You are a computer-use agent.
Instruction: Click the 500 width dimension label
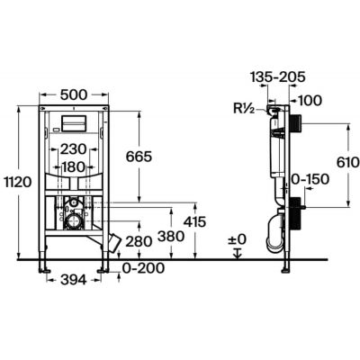click(74, 94)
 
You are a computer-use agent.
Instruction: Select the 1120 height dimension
click(18, 182)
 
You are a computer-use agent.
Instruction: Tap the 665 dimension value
click(139, 157)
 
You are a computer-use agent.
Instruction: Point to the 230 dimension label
click(74, 149)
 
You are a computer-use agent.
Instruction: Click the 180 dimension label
click(73, 167)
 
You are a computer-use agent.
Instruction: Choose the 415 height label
click(194, 222)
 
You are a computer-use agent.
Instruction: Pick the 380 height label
click(171, 237)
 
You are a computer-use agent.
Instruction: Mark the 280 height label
click(139, 241)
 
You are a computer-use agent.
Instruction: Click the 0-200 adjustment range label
click(144, 268)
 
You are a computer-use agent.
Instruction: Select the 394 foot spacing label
click(74, 280)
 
